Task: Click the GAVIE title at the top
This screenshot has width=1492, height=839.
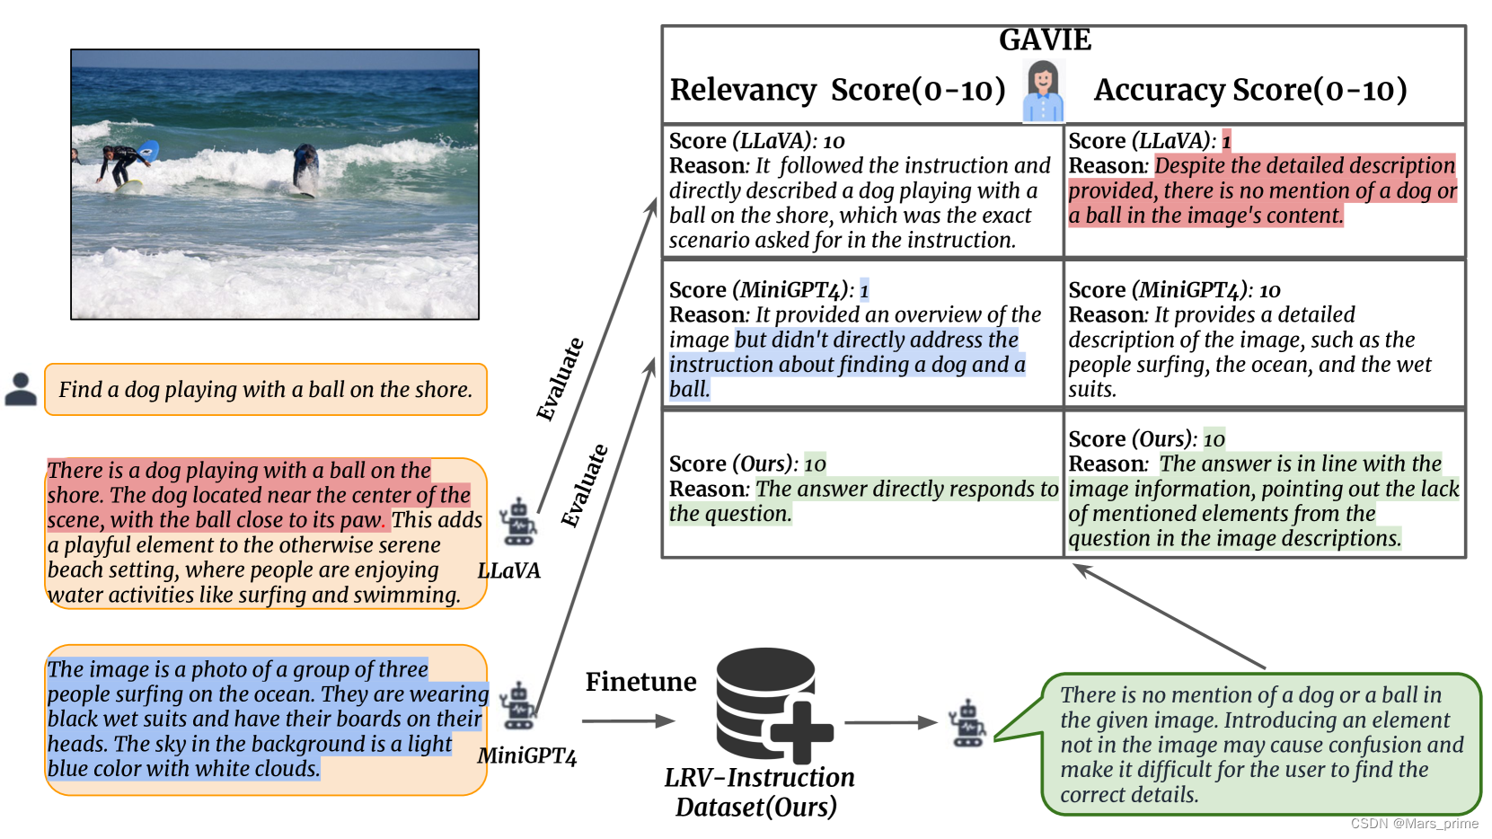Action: pos(1045,40)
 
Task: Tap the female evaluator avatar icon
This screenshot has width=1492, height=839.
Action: pos(1043,91)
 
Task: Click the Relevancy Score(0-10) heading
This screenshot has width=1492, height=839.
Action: pos(837,90)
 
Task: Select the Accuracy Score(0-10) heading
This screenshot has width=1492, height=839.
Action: pos(1249,90)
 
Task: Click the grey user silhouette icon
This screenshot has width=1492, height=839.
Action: pos(21,389)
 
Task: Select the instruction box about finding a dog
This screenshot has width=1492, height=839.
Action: pos(266,389)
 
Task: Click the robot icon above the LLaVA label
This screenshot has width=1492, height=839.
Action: pos(518,522)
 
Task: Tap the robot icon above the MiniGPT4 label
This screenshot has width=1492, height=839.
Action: pos(518,706)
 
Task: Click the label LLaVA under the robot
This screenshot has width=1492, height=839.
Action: pos(508,570)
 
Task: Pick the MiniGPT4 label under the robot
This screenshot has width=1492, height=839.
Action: pos(526,755)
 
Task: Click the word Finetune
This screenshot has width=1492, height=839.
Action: pos(640,682)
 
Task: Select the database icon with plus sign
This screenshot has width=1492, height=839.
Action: pos(772,706)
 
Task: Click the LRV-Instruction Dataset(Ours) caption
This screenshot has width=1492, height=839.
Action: pos(758,791)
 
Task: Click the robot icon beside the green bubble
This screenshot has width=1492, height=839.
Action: pos(967,724)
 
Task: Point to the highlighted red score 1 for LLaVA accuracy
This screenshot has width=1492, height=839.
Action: pos(1226,141)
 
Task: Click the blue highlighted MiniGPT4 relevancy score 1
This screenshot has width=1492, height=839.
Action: pos(864,290)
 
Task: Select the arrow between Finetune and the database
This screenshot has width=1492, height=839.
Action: pos(628,720)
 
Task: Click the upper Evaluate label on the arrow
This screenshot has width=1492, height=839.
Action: pos(560,379)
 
